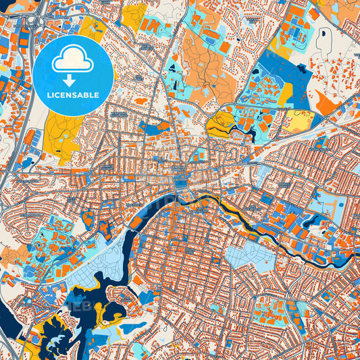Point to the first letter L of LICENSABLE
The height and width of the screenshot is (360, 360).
(x=49, y=94)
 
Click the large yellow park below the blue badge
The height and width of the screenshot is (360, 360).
(x=62, y=135)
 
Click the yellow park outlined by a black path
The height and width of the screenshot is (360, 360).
(x=220, y=123)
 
